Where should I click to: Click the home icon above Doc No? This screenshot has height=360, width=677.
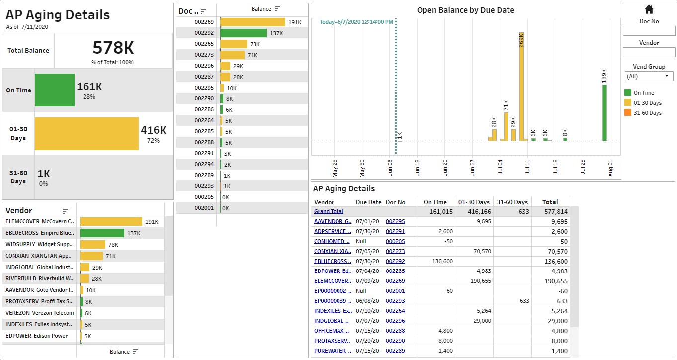[x=649, y=9]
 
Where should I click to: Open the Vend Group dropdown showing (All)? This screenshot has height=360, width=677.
[x=649, y=76]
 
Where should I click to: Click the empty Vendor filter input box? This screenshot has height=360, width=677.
[x=649, y=52]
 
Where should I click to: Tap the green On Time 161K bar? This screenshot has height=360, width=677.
[x=55, y=90]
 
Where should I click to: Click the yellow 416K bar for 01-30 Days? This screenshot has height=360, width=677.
[x=87, y=134]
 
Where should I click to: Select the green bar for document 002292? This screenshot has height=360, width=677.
[x=244, y=33]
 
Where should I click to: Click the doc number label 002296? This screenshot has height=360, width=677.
[x=204, y=66]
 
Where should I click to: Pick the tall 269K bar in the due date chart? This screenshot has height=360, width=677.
[x=521, y=87]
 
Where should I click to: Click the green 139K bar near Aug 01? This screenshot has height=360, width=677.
[x=604, y=113]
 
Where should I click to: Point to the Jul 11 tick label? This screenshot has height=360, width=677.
[x=527, y=167]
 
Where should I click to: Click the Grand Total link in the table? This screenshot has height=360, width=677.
[x=329, y=211]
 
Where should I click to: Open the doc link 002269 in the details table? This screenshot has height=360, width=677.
[x=395, y=281]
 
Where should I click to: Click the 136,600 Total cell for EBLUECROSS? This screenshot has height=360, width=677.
[x=556, y=261]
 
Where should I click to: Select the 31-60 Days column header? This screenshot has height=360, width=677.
[x=512, y=202]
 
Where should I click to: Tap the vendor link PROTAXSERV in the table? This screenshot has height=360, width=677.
[x=332, y=341]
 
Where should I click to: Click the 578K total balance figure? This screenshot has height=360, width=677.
[x=113, y=47]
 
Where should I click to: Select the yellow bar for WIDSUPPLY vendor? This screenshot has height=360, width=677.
[x=93, y=244]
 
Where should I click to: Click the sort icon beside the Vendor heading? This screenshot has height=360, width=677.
[x=65, y=211]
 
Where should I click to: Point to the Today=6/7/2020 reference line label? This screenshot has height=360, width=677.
[x=356, y=22]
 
